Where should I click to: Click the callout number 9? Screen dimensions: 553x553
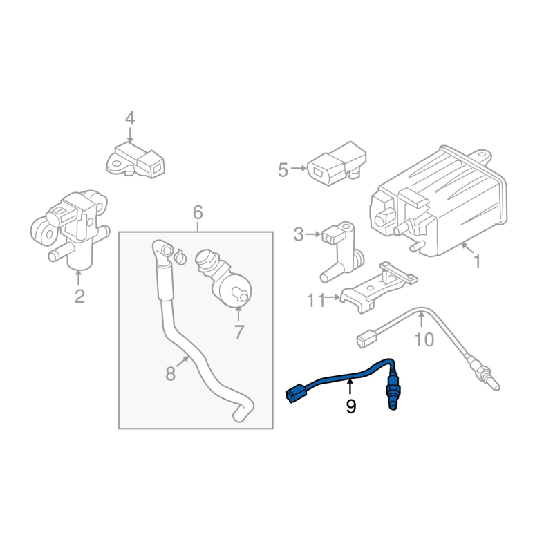(351, 406)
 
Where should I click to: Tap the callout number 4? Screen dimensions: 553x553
(130, 118)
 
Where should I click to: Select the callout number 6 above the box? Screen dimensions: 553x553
(198, 213)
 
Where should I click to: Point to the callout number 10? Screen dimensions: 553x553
(424, 339)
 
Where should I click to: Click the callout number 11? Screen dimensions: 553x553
(316, 301)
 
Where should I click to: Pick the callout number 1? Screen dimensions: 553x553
(477, 262)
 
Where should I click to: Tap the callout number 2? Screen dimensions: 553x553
(79, 297)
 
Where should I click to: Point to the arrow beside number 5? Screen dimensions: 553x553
(299, 169)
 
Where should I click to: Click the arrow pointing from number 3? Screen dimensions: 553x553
(313, 234)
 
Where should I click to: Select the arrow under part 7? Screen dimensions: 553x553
(238, 314)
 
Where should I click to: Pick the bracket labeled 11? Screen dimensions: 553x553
(377, 288)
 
